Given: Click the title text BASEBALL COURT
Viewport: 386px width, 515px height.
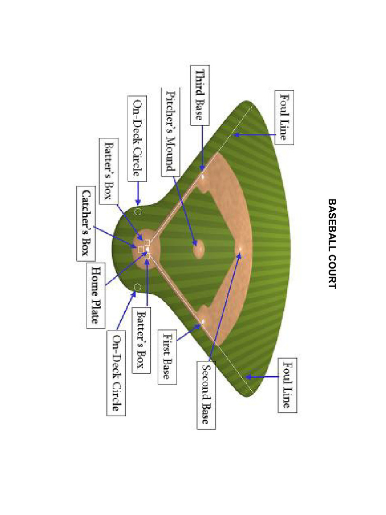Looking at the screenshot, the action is [332, 243].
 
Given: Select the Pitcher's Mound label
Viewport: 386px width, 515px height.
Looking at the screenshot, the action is [170, 132].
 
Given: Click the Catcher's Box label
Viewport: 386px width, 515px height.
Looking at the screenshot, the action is [85, 223].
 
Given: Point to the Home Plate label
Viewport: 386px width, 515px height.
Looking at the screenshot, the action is [97, 294].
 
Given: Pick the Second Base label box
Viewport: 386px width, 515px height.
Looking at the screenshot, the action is [206, 394].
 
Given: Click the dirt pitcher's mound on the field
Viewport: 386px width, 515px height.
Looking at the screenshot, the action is [198, 247].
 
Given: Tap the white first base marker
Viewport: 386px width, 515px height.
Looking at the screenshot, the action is [203, 320].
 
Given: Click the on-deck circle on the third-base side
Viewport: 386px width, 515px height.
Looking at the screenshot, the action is [137, 212].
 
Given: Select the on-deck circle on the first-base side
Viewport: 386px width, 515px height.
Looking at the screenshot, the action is [137, 287].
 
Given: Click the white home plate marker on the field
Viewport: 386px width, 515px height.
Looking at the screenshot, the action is [147, 249].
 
